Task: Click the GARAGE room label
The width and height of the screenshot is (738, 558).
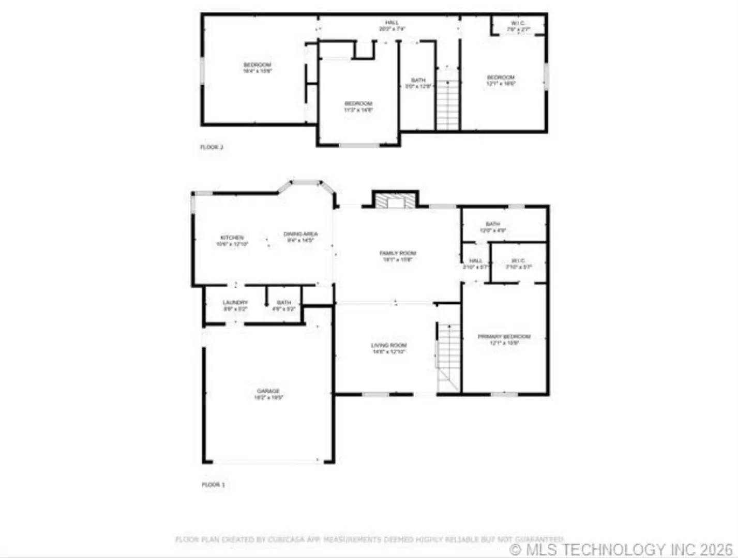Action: [268, 392]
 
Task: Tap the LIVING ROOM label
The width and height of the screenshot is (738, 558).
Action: [389, 346]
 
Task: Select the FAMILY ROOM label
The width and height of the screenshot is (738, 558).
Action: [398, 253]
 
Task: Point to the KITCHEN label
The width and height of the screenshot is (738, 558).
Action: [232, 238]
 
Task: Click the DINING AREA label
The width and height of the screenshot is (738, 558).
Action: [300, 234]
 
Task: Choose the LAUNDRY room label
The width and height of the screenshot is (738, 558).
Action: [235, 303]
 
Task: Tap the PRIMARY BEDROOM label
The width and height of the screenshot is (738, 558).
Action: [504, 337]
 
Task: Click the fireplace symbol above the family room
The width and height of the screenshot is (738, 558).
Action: [395, 200]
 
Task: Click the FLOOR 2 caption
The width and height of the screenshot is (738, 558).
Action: [212, 147]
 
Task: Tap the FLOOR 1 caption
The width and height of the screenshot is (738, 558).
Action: [213, 485]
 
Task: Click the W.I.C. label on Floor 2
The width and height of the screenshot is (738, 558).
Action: [518, 23]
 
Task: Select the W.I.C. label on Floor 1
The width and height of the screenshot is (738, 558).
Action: [518, 261]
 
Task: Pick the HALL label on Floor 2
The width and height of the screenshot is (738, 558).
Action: [392, 23]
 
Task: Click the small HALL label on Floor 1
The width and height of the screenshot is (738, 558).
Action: [476, 261]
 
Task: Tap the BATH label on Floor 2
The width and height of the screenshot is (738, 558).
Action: [418, 80]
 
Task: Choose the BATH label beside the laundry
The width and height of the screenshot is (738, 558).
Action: [284, 303]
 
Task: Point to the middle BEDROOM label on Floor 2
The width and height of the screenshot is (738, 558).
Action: [358, 104]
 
